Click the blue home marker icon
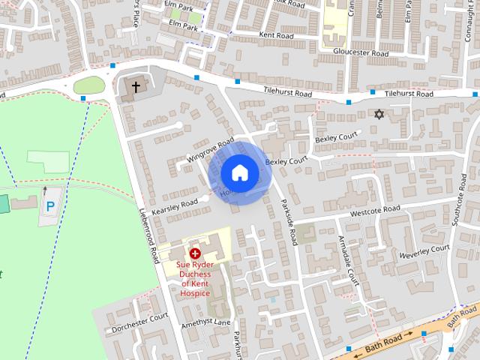238,173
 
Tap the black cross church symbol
136,87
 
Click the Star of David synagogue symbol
379,114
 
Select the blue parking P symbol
50,206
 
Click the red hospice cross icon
195,254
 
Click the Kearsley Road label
174,208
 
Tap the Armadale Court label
349,262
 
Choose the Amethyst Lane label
211,321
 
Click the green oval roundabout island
89,85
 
